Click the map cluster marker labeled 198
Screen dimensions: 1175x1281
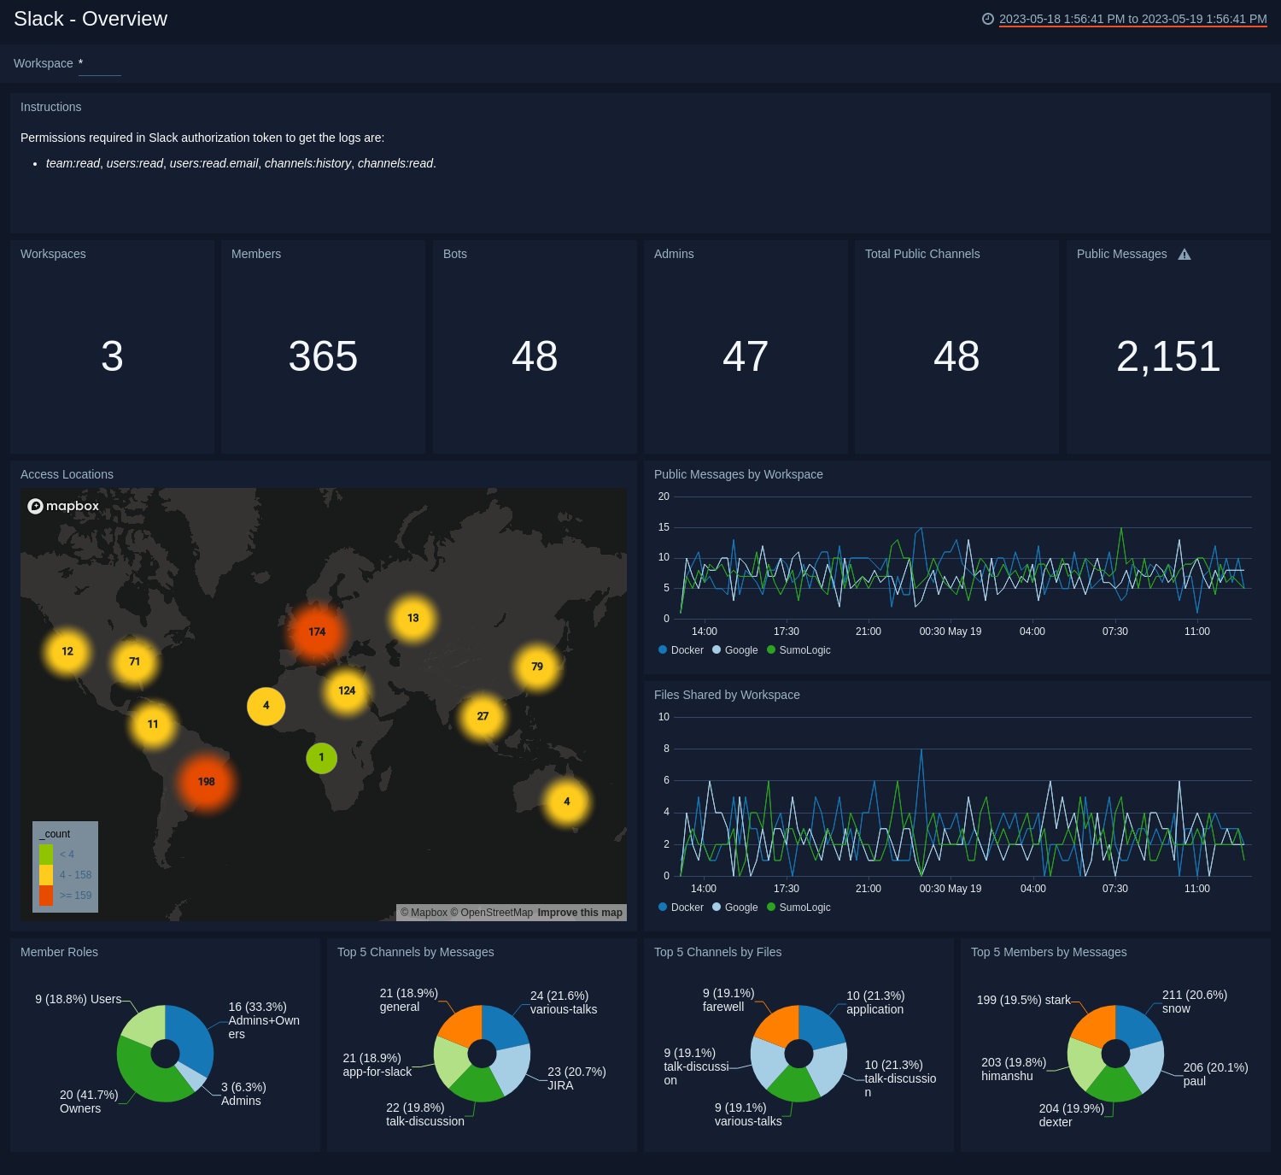point(206,782)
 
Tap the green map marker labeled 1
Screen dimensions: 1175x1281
point(321,758)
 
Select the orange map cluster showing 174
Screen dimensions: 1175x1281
point(317,632)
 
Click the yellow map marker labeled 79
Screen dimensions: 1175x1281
point(536,667)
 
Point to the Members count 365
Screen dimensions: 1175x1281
point(323,356)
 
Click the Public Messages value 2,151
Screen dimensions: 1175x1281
point(1167,356)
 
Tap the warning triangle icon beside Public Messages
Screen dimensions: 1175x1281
point(1184,255)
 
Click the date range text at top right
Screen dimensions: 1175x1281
point(1132,19)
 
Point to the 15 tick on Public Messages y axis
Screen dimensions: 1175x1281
point(664,527)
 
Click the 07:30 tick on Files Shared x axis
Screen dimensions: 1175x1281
point(1114,889)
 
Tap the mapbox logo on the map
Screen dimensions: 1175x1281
point(64,506)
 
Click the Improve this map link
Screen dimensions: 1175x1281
point(580,913)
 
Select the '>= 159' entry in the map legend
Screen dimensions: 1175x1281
point(75,896)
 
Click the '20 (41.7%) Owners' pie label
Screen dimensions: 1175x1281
point(88,1102)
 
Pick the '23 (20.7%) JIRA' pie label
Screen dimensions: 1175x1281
point(576,1078)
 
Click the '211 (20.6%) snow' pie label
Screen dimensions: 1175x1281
point(1194,1002)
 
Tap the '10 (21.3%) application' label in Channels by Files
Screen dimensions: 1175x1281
point(874,1002)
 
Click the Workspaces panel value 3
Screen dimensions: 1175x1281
point(112,356)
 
